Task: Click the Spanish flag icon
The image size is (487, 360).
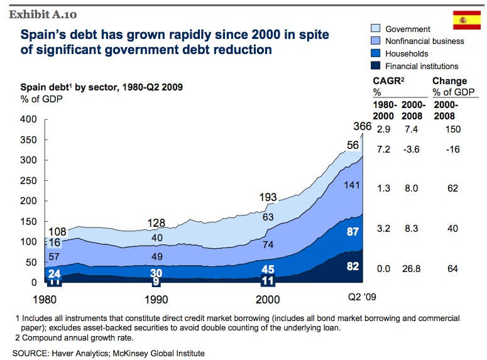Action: coord(466,20)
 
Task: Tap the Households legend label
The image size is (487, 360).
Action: coord(407,53)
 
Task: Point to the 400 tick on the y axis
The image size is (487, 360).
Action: coord(28,119)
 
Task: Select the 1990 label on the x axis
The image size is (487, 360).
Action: coord(156,299)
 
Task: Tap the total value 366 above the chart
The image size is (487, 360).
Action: coord(363,127)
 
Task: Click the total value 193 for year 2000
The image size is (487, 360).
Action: coord(268,198)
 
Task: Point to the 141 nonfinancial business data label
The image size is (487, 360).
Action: coord(351,185)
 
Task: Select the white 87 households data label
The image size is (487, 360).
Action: coord(353,232)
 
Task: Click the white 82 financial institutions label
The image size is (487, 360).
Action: coord(353,266)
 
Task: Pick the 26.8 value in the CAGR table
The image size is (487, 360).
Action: coord(412,269)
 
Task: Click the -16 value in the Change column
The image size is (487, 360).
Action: coord(452,151)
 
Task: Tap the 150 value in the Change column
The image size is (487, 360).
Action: coord(452,129)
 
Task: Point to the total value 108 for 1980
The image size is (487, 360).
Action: coord(57,231)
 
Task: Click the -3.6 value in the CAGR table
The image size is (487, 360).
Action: coord(412,151)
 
